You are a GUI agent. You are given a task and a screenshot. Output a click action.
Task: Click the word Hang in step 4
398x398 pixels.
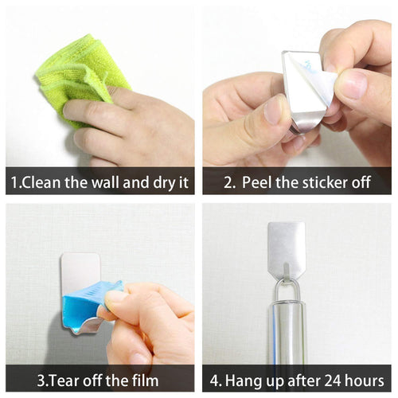point(242,380)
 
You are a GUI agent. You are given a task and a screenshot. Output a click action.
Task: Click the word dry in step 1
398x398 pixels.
point(165,182)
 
